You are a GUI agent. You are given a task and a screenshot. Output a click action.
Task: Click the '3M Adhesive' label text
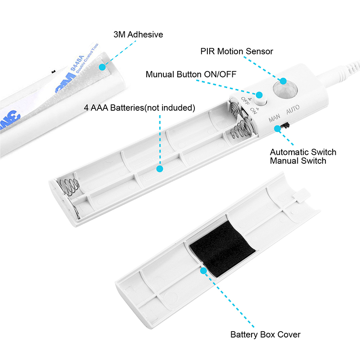point(138,35)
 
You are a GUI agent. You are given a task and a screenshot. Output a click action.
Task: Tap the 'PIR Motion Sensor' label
point(237,51)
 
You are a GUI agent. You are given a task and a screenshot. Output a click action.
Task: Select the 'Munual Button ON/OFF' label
point(191,74)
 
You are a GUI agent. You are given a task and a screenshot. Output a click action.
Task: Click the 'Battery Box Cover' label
point(265,334)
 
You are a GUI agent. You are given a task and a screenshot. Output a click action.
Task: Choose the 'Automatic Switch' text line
point(303,152)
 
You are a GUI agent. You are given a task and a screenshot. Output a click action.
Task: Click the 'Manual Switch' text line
point(298,161)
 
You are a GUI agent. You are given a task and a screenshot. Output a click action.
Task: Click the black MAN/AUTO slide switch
point(285,126)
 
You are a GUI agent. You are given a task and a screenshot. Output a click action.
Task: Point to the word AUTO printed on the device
point(293,109)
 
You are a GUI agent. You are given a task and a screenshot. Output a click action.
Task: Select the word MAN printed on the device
point(274,118)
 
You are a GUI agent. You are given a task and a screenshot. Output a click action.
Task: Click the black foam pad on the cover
point(222,249)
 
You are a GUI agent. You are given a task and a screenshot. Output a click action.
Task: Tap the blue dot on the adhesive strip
point(102,67)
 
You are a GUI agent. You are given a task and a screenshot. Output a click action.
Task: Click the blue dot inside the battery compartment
point(160,169)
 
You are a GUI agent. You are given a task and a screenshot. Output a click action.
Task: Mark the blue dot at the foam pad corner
point(203,271)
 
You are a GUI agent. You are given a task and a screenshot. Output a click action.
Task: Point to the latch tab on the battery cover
point(301,195)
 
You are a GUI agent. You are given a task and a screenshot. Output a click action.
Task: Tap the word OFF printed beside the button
point(245,101)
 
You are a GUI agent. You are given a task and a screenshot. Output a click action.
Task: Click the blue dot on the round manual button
point(259,95)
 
